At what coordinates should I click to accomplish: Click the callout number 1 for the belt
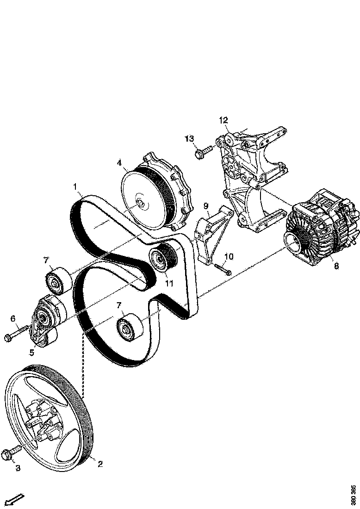(74, 186)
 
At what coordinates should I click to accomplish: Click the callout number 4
(119, 163)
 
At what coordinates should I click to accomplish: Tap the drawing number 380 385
(354, 495)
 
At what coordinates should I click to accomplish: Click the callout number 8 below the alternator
(336, 266)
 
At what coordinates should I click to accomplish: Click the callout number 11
(169, 284)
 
